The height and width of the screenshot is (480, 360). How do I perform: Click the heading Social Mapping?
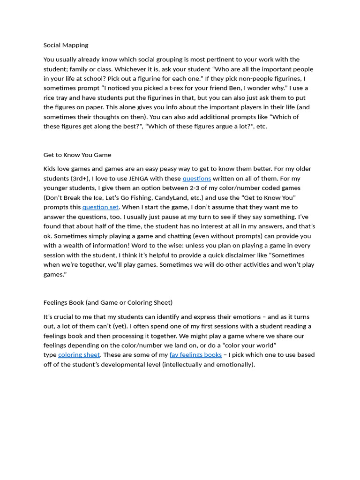[x=66, y=45]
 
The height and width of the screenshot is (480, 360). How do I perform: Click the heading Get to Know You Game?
[x=77, y=155]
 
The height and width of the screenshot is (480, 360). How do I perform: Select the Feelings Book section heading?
[x=108, y=302]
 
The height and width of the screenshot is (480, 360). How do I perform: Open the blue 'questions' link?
[x=196, y=179]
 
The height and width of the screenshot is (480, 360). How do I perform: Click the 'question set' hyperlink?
[x=100, y=207]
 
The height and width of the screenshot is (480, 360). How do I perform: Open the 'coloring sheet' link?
[x=79, y=355]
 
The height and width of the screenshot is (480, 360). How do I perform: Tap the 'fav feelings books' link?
[x=195, y=355]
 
